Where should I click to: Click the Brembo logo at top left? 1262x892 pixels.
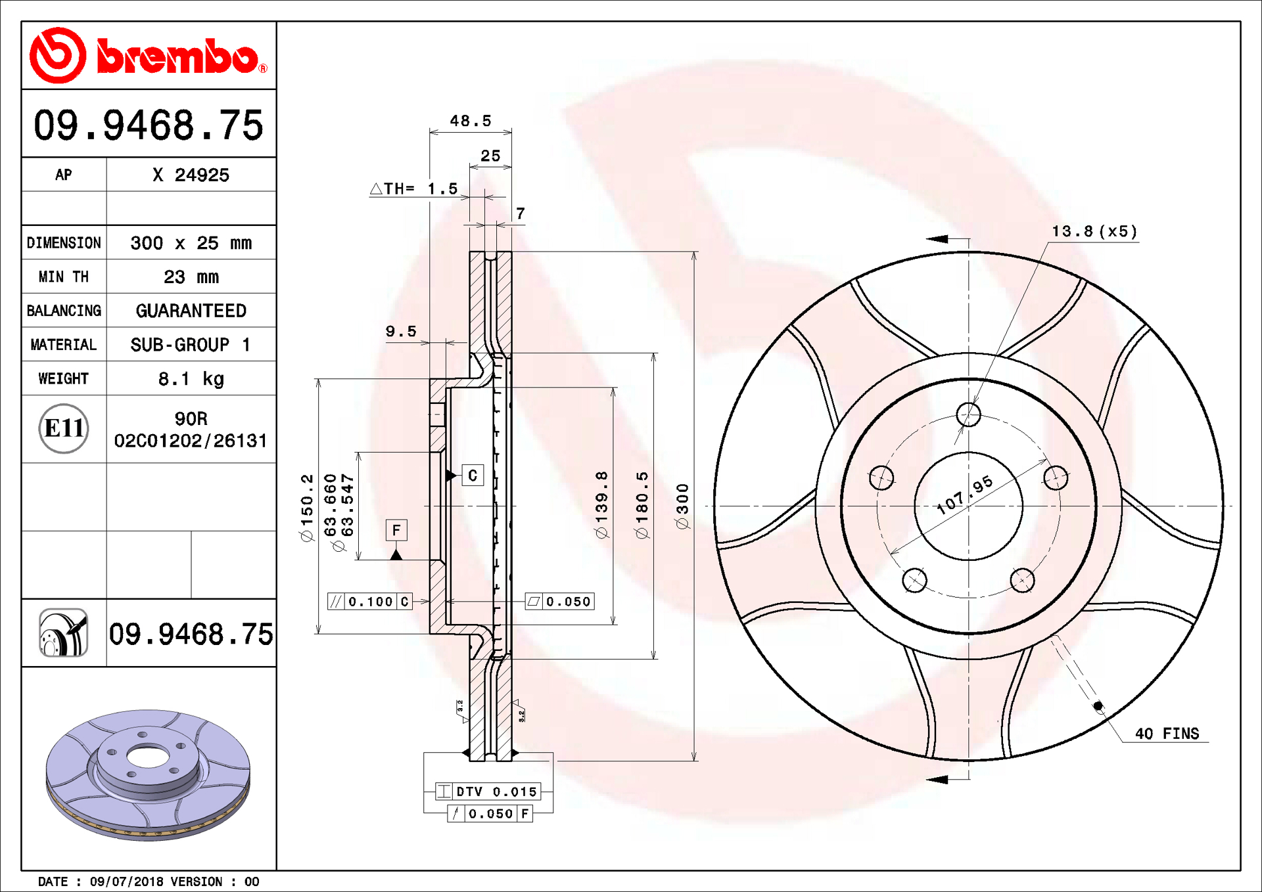click(149, 56)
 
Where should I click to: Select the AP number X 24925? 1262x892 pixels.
click(191, 175)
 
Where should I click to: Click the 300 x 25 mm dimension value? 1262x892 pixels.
click(191, 243)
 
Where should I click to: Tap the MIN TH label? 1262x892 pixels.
click(64, 277)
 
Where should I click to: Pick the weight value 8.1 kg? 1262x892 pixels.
click(191, 379)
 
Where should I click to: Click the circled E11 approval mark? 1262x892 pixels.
click(64, 428)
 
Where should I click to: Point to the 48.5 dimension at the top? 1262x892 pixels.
click(471, 121)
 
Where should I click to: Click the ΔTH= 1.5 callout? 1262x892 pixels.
click(414, 189)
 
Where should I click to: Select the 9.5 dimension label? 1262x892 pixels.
click(401, 332)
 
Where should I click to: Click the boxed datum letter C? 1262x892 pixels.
click(473, 475)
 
